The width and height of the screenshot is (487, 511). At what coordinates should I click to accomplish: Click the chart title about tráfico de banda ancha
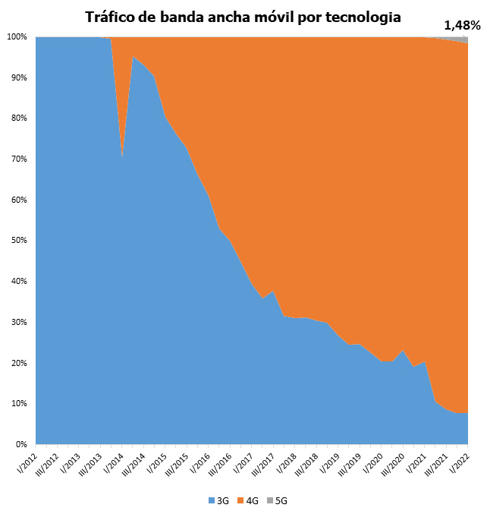tap(243, 16)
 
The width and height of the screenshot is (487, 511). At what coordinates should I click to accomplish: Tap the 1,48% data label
tap(462, 25)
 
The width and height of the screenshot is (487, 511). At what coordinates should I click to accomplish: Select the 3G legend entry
tap(218, 501)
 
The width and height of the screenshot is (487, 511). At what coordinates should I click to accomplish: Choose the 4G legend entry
tap(250, 501)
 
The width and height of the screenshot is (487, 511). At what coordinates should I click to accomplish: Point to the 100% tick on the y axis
tap(17, 37)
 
